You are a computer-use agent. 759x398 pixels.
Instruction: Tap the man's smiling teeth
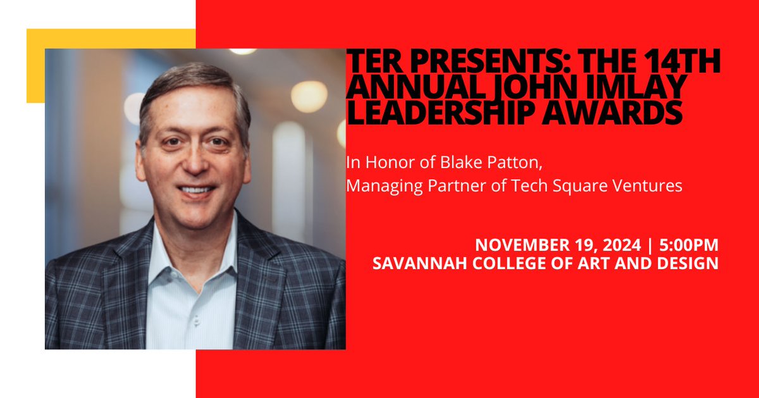[x=197, y=189]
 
